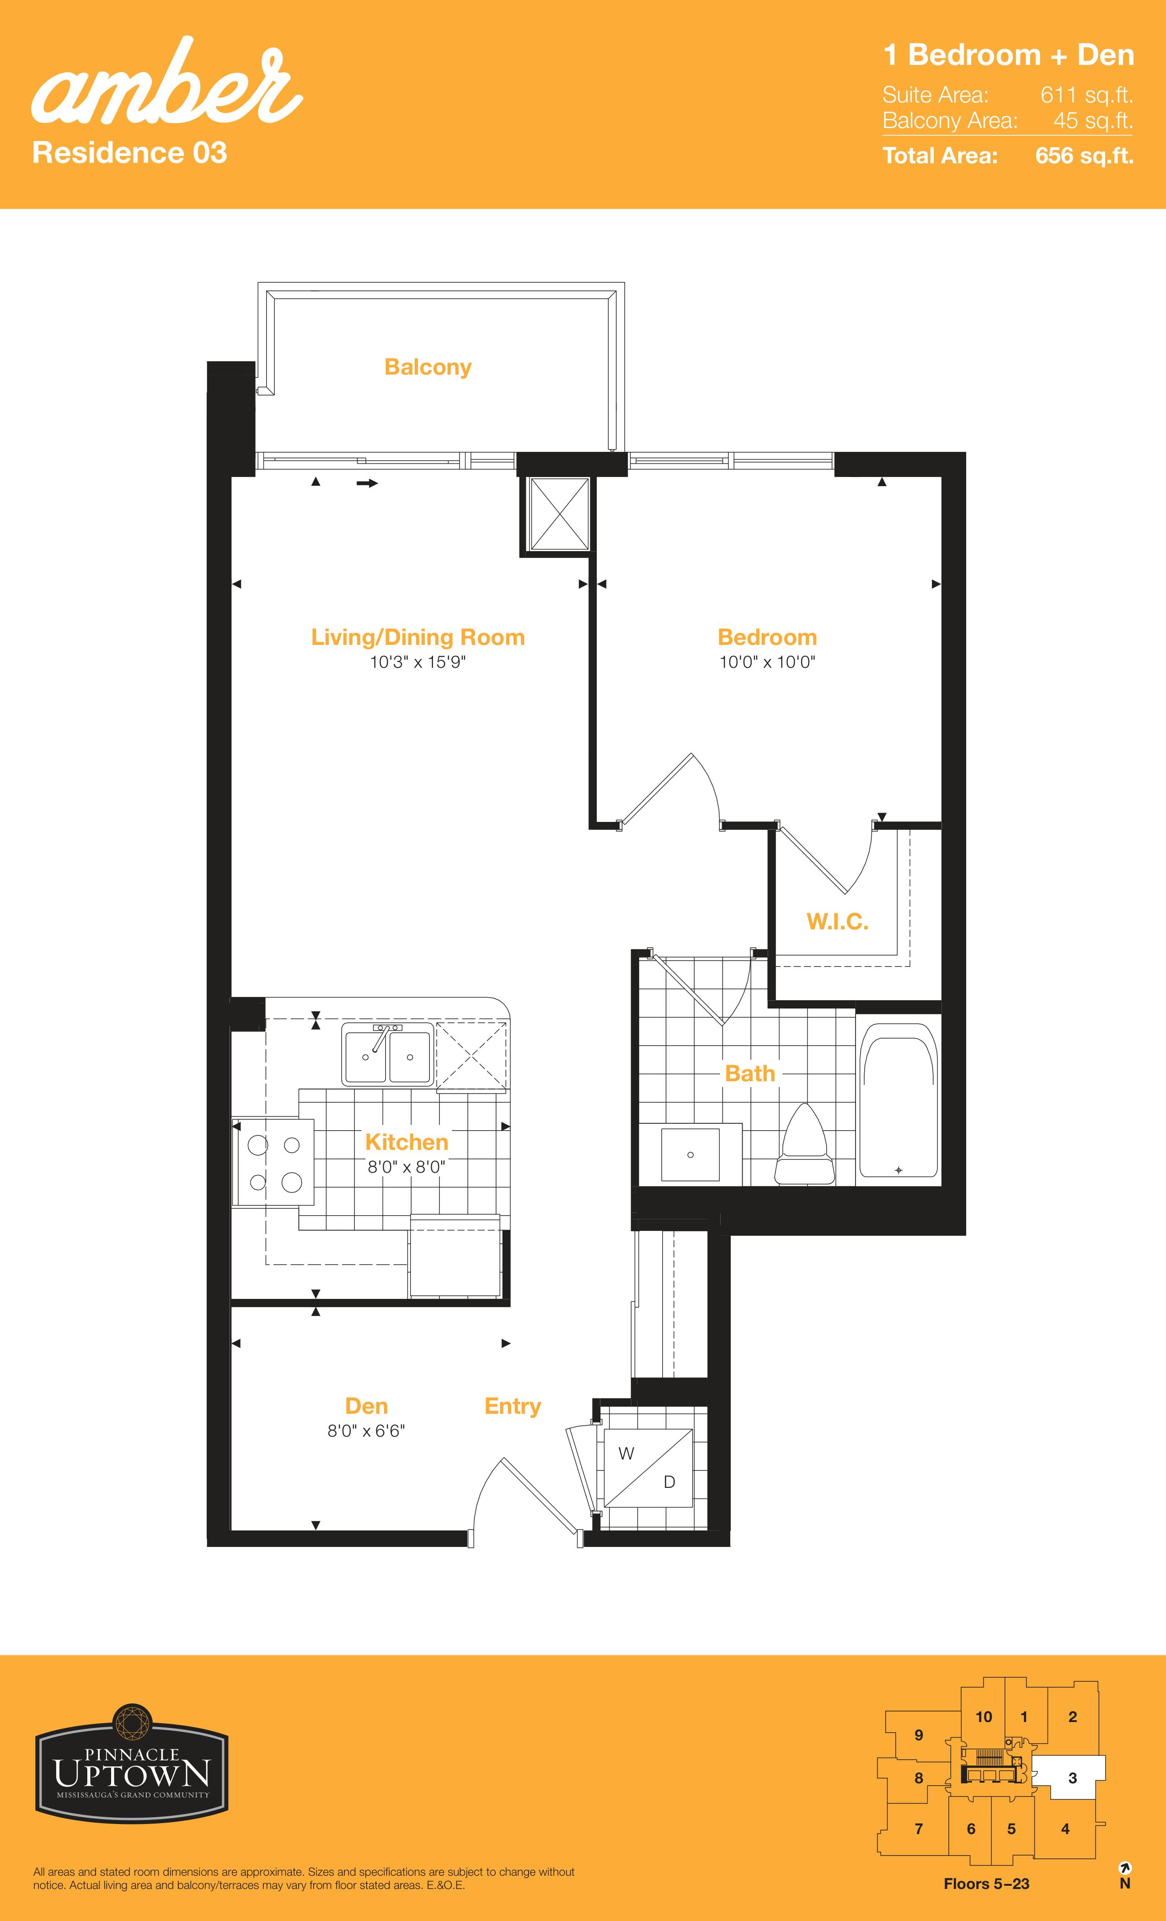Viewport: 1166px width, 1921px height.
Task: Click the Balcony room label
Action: point(428,367)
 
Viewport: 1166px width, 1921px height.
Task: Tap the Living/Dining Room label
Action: point(418,637)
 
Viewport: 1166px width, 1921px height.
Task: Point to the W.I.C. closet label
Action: point(837,922)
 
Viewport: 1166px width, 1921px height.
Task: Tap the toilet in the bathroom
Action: point(804,1144)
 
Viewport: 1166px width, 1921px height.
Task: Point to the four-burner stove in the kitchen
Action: point(273,1162)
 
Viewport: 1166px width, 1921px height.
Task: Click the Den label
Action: point(366,1406)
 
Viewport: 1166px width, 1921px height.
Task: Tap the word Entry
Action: point(512,1406)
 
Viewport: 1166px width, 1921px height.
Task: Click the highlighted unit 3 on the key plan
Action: point(1072,1778)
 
